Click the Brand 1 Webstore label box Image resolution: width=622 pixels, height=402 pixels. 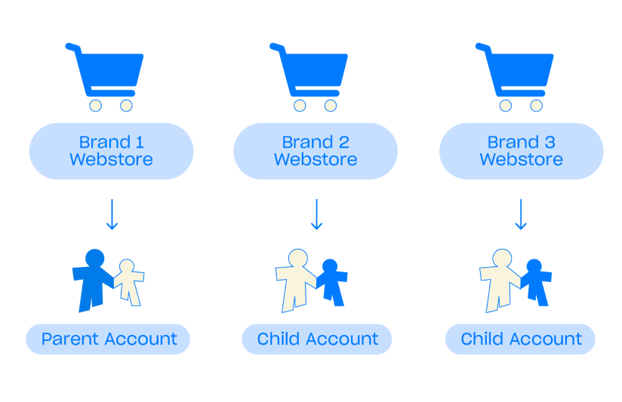pos(111,151)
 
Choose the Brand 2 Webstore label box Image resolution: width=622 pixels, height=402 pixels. pos(316,151)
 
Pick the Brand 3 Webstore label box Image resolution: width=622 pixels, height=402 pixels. pos(521,151)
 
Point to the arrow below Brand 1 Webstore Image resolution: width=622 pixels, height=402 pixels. pos(112,214)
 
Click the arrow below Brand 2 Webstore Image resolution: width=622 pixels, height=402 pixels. pos(316,214)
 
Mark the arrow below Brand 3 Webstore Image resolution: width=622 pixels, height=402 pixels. pos(520,214)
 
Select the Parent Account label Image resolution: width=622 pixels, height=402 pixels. pos(108,339)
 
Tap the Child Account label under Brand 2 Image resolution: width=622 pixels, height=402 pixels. pos(317,339)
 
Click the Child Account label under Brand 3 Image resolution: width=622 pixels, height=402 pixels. pos(521,339)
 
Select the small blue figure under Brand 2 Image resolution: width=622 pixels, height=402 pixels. pos(332,282)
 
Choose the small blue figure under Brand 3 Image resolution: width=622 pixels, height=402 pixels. pos(536,282)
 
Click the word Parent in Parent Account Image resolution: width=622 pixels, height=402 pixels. pos(66,339)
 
